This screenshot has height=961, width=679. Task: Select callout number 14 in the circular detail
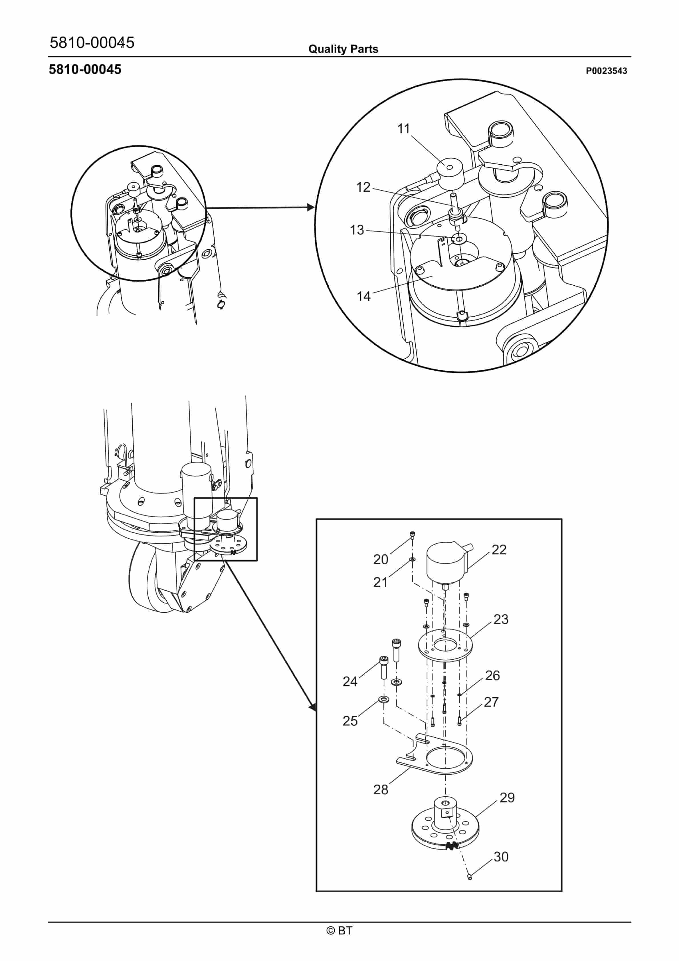363,296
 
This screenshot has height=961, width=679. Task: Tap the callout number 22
499,550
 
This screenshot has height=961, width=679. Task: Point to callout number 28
381,790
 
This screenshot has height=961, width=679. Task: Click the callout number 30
501,856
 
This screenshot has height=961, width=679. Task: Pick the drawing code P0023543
606,71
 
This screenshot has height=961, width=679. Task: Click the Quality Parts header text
343,49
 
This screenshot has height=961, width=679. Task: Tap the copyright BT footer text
339,930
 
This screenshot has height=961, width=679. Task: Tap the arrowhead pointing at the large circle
310,207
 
